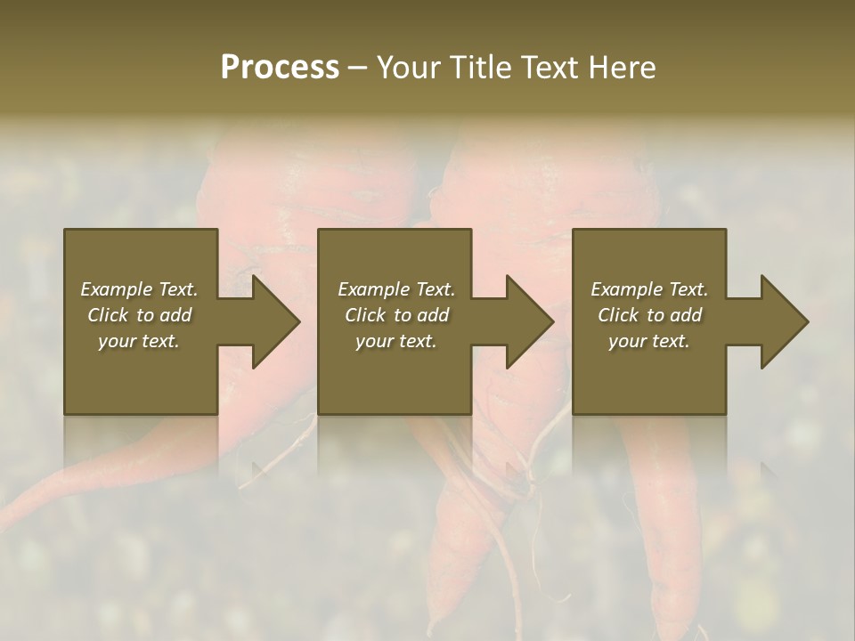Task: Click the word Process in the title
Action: [x=280, y=68]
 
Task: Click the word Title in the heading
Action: [x=477, y=68]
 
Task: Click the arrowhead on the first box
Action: [x=273, y=321]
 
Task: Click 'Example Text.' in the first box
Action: [x=140, y=289]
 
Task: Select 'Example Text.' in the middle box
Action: [x=396, y=289]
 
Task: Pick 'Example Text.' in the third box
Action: [x=649, y=289]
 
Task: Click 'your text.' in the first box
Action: [x=139, y=341]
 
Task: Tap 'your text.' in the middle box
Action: [x=395, y=341]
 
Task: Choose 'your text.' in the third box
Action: [x=648, y=341]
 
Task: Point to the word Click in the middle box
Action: [x=365, y=315]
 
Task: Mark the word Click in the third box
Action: [x=618, y=315]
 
